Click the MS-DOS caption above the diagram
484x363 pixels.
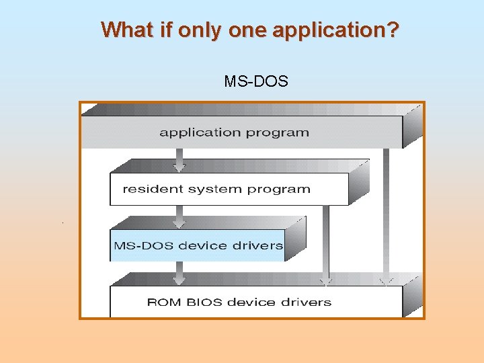pyautogui.click(x=256, y=82)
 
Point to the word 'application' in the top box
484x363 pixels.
pyautogui.click(x=200, y=132)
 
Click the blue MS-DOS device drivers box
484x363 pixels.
pyautogui.click(x=198, y=245)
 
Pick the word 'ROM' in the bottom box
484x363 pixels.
pyautogui.click(x=161, y=302)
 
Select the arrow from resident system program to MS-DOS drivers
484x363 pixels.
pyautogui.click(x=179, y=217)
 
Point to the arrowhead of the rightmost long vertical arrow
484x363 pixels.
pyautogui.click(x=386, y=281)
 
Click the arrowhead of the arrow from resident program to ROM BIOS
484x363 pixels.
pyautogui.click(x=326, y=281)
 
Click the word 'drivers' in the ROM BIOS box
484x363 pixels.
pyautogui.click(x=307, y=302)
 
